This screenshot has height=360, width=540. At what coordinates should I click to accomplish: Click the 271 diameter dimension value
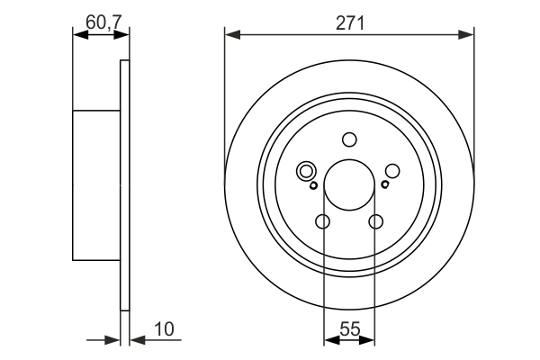(x=349, y=24)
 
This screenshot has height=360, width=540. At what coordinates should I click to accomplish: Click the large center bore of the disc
(x=349, y=184)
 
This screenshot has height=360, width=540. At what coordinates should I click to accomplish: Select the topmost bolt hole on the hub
(x=349, y=139)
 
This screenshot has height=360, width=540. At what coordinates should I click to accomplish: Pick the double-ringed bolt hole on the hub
(x=306, y=171)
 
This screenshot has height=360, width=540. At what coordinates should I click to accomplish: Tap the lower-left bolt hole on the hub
(x=323, y=222)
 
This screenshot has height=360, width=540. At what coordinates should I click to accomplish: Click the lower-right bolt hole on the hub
(x=376, y=222)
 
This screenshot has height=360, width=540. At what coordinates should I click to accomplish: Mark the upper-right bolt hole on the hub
(x=392, y=171)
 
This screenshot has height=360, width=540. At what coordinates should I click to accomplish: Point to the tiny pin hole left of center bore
(x=313, y=185)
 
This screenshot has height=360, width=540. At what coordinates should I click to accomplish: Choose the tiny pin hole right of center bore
(x=385, y=185)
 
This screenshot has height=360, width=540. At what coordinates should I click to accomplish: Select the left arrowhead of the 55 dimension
(x=329, y=340)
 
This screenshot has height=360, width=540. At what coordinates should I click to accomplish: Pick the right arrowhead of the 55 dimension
(x=371, y=340)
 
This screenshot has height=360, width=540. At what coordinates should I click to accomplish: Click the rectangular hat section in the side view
(x=96, y=184)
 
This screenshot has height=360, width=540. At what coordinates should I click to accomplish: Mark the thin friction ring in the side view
(x=125, y=184)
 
